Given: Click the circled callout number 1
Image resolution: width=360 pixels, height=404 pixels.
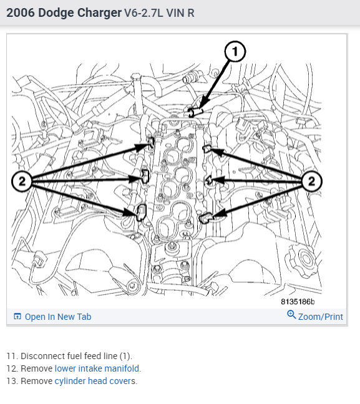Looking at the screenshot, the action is pyautogui.click(x=235, y=51).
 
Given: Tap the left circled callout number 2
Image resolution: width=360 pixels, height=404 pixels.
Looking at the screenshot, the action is pyautogui.click(x=22, y=181).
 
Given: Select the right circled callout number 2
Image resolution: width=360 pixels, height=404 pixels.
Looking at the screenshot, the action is pyautogui.click(x=311, y=181).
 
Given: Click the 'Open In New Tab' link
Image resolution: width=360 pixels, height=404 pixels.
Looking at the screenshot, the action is pyautogui.click(x=58, y=317).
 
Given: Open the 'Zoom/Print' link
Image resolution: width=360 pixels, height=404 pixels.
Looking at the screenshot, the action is pyautogui.click(x=321, y=317).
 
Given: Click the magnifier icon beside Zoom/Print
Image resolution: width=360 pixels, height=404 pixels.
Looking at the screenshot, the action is pyautogui.click(x=291, y=315).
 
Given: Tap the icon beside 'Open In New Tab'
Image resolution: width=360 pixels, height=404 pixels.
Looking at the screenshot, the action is pyautogui.click(x=17, y=316).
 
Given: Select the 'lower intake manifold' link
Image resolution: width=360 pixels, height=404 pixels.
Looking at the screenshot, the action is pyautogui.click(x=98, y=368).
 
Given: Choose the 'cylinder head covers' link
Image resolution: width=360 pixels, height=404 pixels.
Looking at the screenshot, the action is pyautogui.click(x=95, y=381).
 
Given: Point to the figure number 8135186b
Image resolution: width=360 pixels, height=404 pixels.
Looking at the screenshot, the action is pyautogui.click(x=298, y=302).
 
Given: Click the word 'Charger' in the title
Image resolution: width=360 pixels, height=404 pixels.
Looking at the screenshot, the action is pyautogui.click(x=99, y=12).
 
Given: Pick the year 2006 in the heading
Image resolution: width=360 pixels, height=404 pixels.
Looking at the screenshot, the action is pyautogui.click(x=21, y=12).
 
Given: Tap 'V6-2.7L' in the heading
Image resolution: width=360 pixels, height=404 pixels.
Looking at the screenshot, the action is pyautogui.click(x=144, y=13).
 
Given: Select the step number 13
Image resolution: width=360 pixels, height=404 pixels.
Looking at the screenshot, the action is pyautogui.click(x=12, y=381).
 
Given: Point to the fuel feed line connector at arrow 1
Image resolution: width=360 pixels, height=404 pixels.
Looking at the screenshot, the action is pyautogui.click(x=193, y=112).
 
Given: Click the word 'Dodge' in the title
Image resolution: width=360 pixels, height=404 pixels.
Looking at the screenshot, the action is pyautogui.click(x=57, y=12).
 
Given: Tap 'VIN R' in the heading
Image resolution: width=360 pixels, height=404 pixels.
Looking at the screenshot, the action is pyautogui.click(x=180, y=13).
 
